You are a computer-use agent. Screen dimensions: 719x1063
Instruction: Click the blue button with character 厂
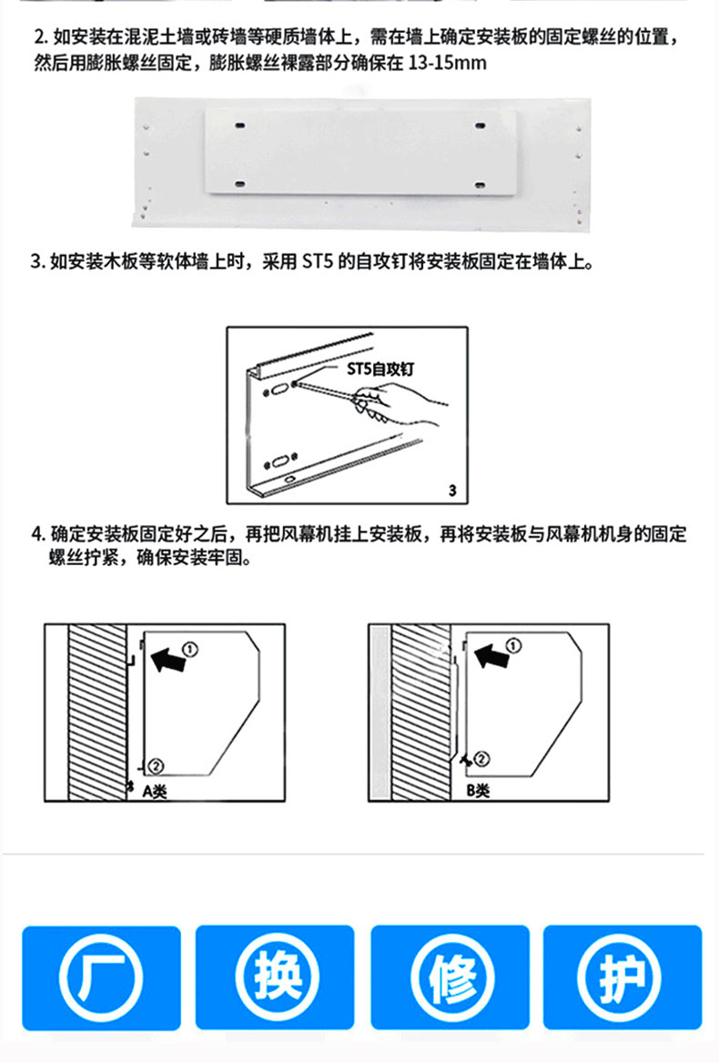tap(102, 977)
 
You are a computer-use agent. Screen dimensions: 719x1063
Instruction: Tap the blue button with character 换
tap(275, 977)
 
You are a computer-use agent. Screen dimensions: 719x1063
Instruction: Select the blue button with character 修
tap(450, 977)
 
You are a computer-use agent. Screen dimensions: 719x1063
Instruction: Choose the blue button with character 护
tap(623, 977)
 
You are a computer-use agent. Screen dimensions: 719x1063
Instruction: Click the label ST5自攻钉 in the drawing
tap(380, 368)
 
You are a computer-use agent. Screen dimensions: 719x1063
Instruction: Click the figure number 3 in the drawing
tap(452, 491)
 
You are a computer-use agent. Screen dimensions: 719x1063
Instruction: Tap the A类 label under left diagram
tap(155, 791)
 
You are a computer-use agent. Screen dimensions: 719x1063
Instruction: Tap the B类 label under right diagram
tap(478, 790)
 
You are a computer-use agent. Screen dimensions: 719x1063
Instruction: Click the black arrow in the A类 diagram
tap(167, 659)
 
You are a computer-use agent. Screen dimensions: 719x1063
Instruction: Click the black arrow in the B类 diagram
tap(491, 655)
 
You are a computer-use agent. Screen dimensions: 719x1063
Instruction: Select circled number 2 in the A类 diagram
tap(156, 766)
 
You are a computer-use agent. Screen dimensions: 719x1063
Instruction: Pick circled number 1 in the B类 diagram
tap(514, 644)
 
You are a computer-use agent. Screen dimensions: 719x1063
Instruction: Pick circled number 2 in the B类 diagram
tap(481, 759)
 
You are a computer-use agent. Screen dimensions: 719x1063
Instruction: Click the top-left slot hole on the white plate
tap(240, 126)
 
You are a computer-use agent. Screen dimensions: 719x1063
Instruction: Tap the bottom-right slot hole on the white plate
tap(480, 185)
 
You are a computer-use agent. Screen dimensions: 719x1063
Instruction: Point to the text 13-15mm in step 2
tap(447, 63)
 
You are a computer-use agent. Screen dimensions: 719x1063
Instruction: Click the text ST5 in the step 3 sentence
tap(317, 261)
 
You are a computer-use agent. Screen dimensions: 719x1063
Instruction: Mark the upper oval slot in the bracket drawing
tap(279, 390)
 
